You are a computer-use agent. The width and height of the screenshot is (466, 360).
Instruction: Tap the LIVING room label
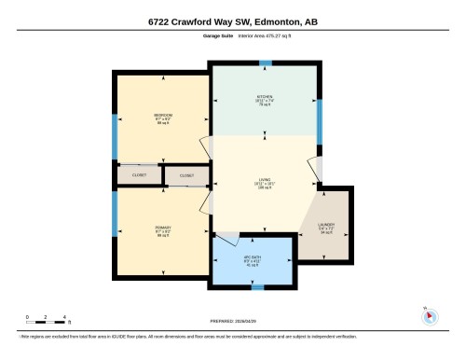pos(265,183)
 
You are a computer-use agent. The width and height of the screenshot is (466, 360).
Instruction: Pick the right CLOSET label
pos(186,175)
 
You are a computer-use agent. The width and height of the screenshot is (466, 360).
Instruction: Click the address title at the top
pos(232,21)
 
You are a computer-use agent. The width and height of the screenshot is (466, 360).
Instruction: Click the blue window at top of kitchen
pos(266,63)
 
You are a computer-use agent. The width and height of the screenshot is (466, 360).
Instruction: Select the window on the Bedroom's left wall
pos(115,130)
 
